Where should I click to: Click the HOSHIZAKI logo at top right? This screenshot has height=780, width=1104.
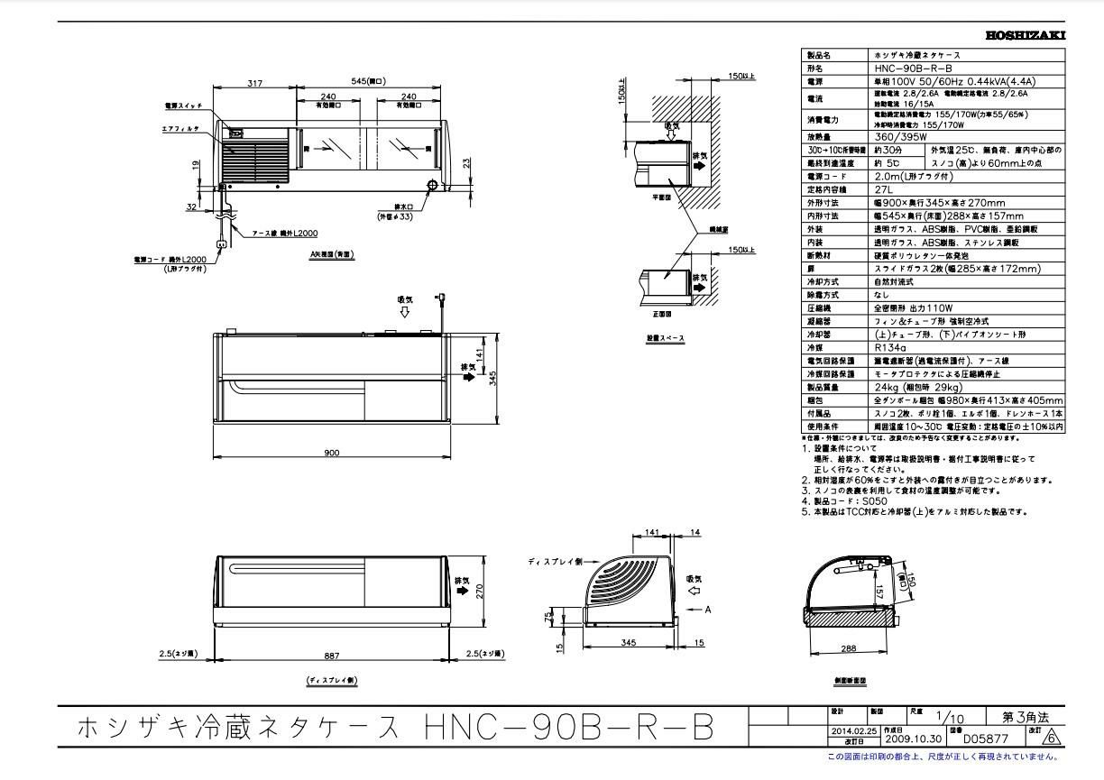[1026, 35]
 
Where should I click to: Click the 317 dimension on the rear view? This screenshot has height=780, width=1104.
[254, 83]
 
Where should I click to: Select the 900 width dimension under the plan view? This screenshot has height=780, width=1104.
[332, 453]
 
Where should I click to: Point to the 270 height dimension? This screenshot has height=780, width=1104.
[480, 592]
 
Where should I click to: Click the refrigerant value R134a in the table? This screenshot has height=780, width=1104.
[891, 347]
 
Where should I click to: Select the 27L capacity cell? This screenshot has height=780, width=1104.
[884, 189]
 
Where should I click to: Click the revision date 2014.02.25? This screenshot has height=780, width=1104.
[853, 730]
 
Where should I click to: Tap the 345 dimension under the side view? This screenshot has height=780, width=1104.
[629, 642]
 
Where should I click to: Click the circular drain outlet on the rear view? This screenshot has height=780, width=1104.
[432, 186]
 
